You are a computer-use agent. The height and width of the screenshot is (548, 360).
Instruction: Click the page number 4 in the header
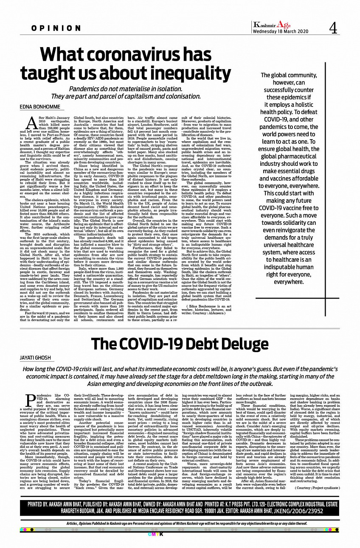tap(333, 28)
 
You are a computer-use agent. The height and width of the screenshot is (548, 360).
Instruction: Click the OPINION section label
tap(56, 28)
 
